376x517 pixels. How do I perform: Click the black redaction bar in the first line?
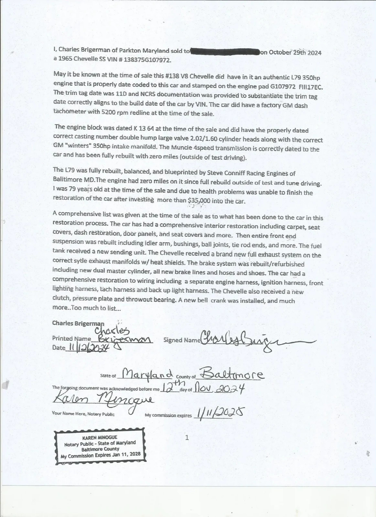[225, 51]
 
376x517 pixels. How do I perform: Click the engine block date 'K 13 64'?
[144, 128]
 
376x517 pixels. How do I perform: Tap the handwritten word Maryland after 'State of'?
[149, 375]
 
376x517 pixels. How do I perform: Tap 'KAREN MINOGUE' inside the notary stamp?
[100, 438]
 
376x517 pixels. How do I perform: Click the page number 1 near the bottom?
[187, 438]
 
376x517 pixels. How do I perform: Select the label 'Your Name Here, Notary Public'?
[83, 414]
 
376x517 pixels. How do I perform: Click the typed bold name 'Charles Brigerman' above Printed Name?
[78, 323]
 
